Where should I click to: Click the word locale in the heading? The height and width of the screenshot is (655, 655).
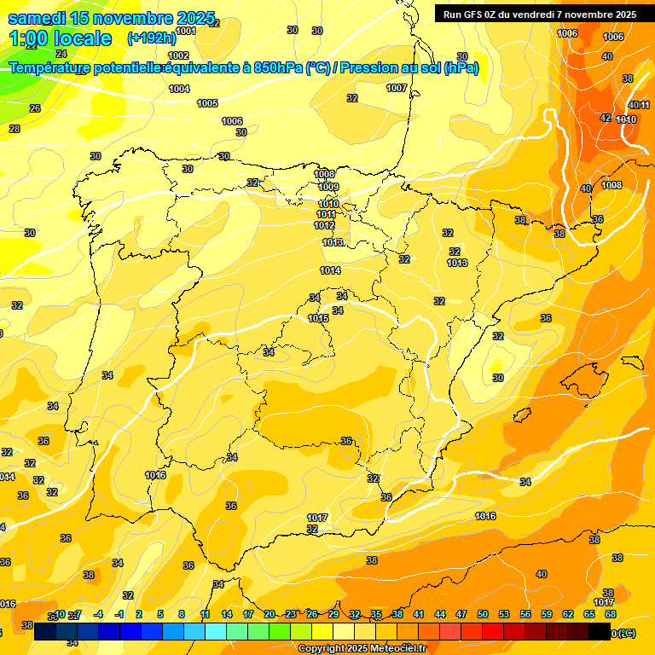[80, 38]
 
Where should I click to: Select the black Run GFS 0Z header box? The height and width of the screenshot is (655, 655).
[539, 14]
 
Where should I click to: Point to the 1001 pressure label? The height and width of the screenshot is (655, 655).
[185, 31]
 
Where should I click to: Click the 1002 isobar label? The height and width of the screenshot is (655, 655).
[178, 55]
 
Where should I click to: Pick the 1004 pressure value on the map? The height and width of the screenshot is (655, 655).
[179, 89]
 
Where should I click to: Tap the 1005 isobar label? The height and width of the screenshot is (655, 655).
[207, 103]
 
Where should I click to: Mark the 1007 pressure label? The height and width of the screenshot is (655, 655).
[397, 88]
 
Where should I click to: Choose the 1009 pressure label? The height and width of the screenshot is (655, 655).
[328, 187]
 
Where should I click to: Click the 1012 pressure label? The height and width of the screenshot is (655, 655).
[324, 225]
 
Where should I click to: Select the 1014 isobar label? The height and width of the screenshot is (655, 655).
[330, 270]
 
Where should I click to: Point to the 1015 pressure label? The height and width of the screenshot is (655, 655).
[318, 318]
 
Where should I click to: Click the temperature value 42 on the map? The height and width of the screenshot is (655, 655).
[606, 118]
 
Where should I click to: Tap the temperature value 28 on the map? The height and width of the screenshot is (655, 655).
[14, 129]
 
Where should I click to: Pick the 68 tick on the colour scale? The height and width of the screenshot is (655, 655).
[611, 614]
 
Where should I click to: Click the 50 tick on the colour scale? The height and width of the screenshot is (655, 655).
[483, 614]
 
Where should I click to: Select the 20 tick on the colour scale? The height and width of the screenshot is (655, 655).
[270, 614]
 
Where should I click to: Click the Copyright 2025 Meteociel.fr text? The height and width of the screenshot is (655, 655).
[362, 648]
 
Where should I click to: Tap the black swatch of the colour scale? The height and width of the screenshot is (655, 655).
[600, 630]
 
